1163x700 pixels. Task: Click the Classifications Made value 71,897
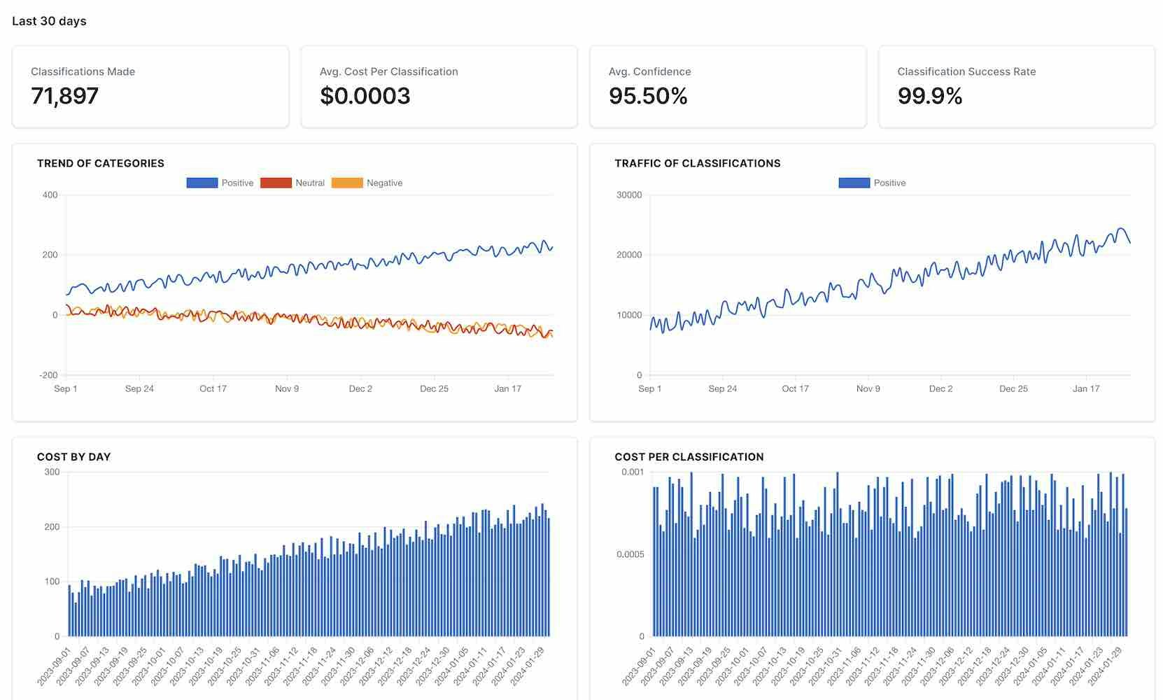click(64, 96)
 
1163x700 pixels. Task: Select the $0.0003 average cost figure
click(365, 96)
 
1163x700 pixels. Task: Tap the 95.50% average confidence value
click(648, 96)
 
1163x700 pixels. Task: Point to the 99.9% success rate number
click(929, 96)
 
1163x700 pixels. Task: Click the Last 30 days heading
click(49, 21)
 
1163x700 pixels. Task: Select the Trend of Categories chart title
click(101, 163)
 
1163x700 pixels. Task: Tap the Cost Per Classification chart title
click(689, 457)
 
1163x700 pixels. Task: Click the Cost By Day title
click(73, 457)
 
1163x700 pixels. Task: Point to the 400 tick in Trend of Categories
click(50, 195)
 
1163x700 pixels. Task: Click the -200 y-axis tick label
click(48, 375)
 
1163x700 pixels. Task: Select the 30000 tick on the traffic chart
click(628, 195)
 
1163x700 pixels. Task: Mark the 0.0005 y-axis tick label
click(630, 554)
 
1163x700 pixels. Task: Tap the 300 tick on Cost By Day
click(52, 472)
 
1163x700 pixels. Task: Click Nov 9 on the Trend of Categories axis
click(287, 388)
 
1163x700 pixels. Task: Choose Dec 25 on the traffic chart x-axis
click(1013, 388)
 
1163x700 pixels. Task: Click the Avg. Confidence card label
click(649, 71)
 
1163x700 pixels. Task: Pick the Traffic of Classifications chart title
click(697, 163)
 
